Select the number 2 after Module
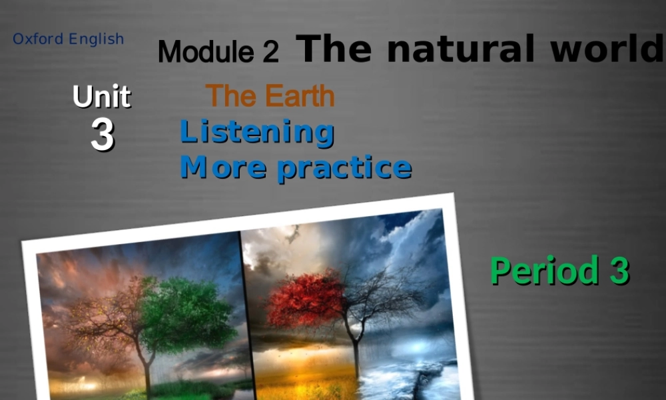pyautogui.click(x=270, y=52)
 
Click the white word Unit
pyautogui.click(x=101, y=97)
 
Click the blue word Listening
pyautogui.click(x=257, y=132)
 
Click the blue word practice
pyautogui.click(x=344, y=167)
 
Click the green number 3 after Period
pyautogui.click(x=618, y=271)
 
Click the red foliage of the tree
pyautogui.click(x=303, y=297)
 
